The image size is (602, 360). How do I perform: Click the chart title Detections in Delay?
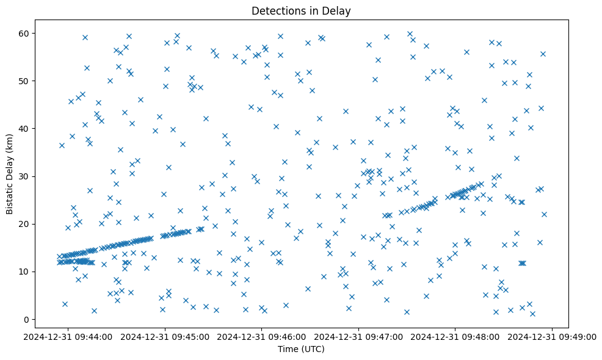(x=301, y=10)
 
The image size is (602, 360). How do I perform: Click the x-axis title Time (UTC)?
(x=301, y=350)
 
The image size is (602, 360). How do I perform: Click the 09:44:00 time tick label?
(x=68, y=336)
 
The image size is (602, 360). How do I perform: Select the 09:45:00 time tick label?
(x=165, y=336)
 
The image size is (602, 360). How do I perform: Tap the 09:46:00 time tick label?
(x=262, y=336)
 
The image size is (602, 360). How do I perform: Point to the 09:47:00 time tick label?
(x=359, y=336)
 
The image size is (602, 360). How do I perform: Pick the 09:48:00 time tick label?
(x=455, y=336)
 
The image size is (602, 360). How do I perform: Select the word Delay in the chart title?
(x=338, y=10)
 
